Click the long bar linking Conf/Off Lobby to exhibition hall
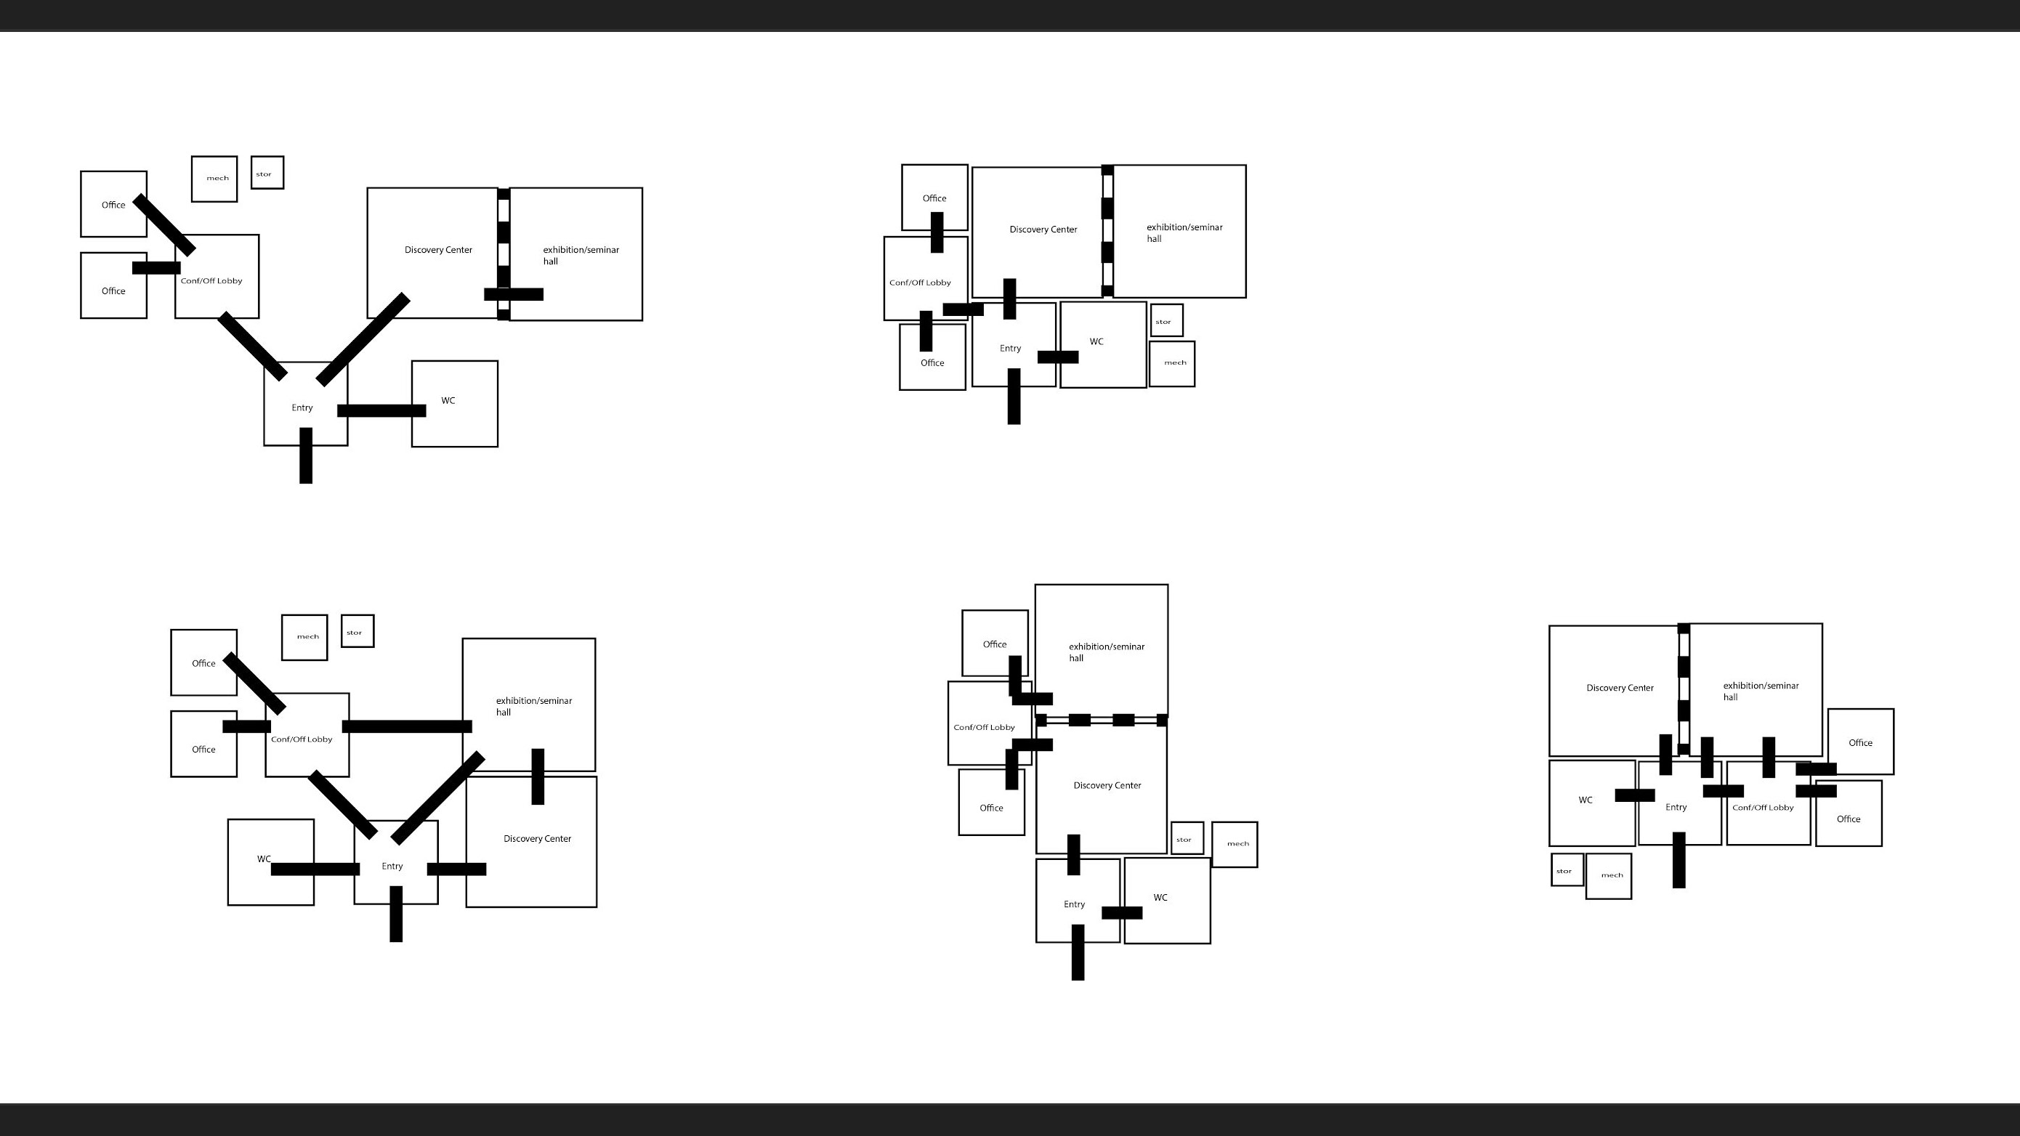click(407, 727)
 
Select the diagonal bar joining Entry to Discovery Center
click(363, 339)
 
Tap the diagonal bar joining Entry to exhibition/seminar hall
click(437, 798)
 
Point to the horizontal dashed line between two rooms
click(1101, 720)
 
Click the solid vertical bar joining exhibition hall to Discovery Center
click(538, 776)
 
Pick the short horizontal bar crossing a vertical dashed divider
click(514, 295)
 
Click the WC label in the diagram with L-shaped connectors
click(1160, 898)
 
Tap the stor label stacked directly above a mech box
click(1163, 322)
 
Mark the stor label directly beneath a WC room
click(1564, 871)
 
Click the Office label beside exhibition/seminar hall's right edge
click(1860, 742)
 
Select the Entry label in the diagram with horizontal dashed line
click(1074, 904)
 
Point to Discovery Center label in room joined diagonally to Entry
click(438, 250)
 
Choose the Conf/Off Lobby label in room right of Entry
click(1763, 808)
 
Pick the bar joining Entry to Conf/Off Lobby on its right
click(1723, 791)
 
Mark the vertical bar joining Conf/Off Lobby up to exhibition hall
click(1769, 758)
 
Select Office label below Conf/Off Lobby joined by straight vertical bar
click(932, 363)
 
